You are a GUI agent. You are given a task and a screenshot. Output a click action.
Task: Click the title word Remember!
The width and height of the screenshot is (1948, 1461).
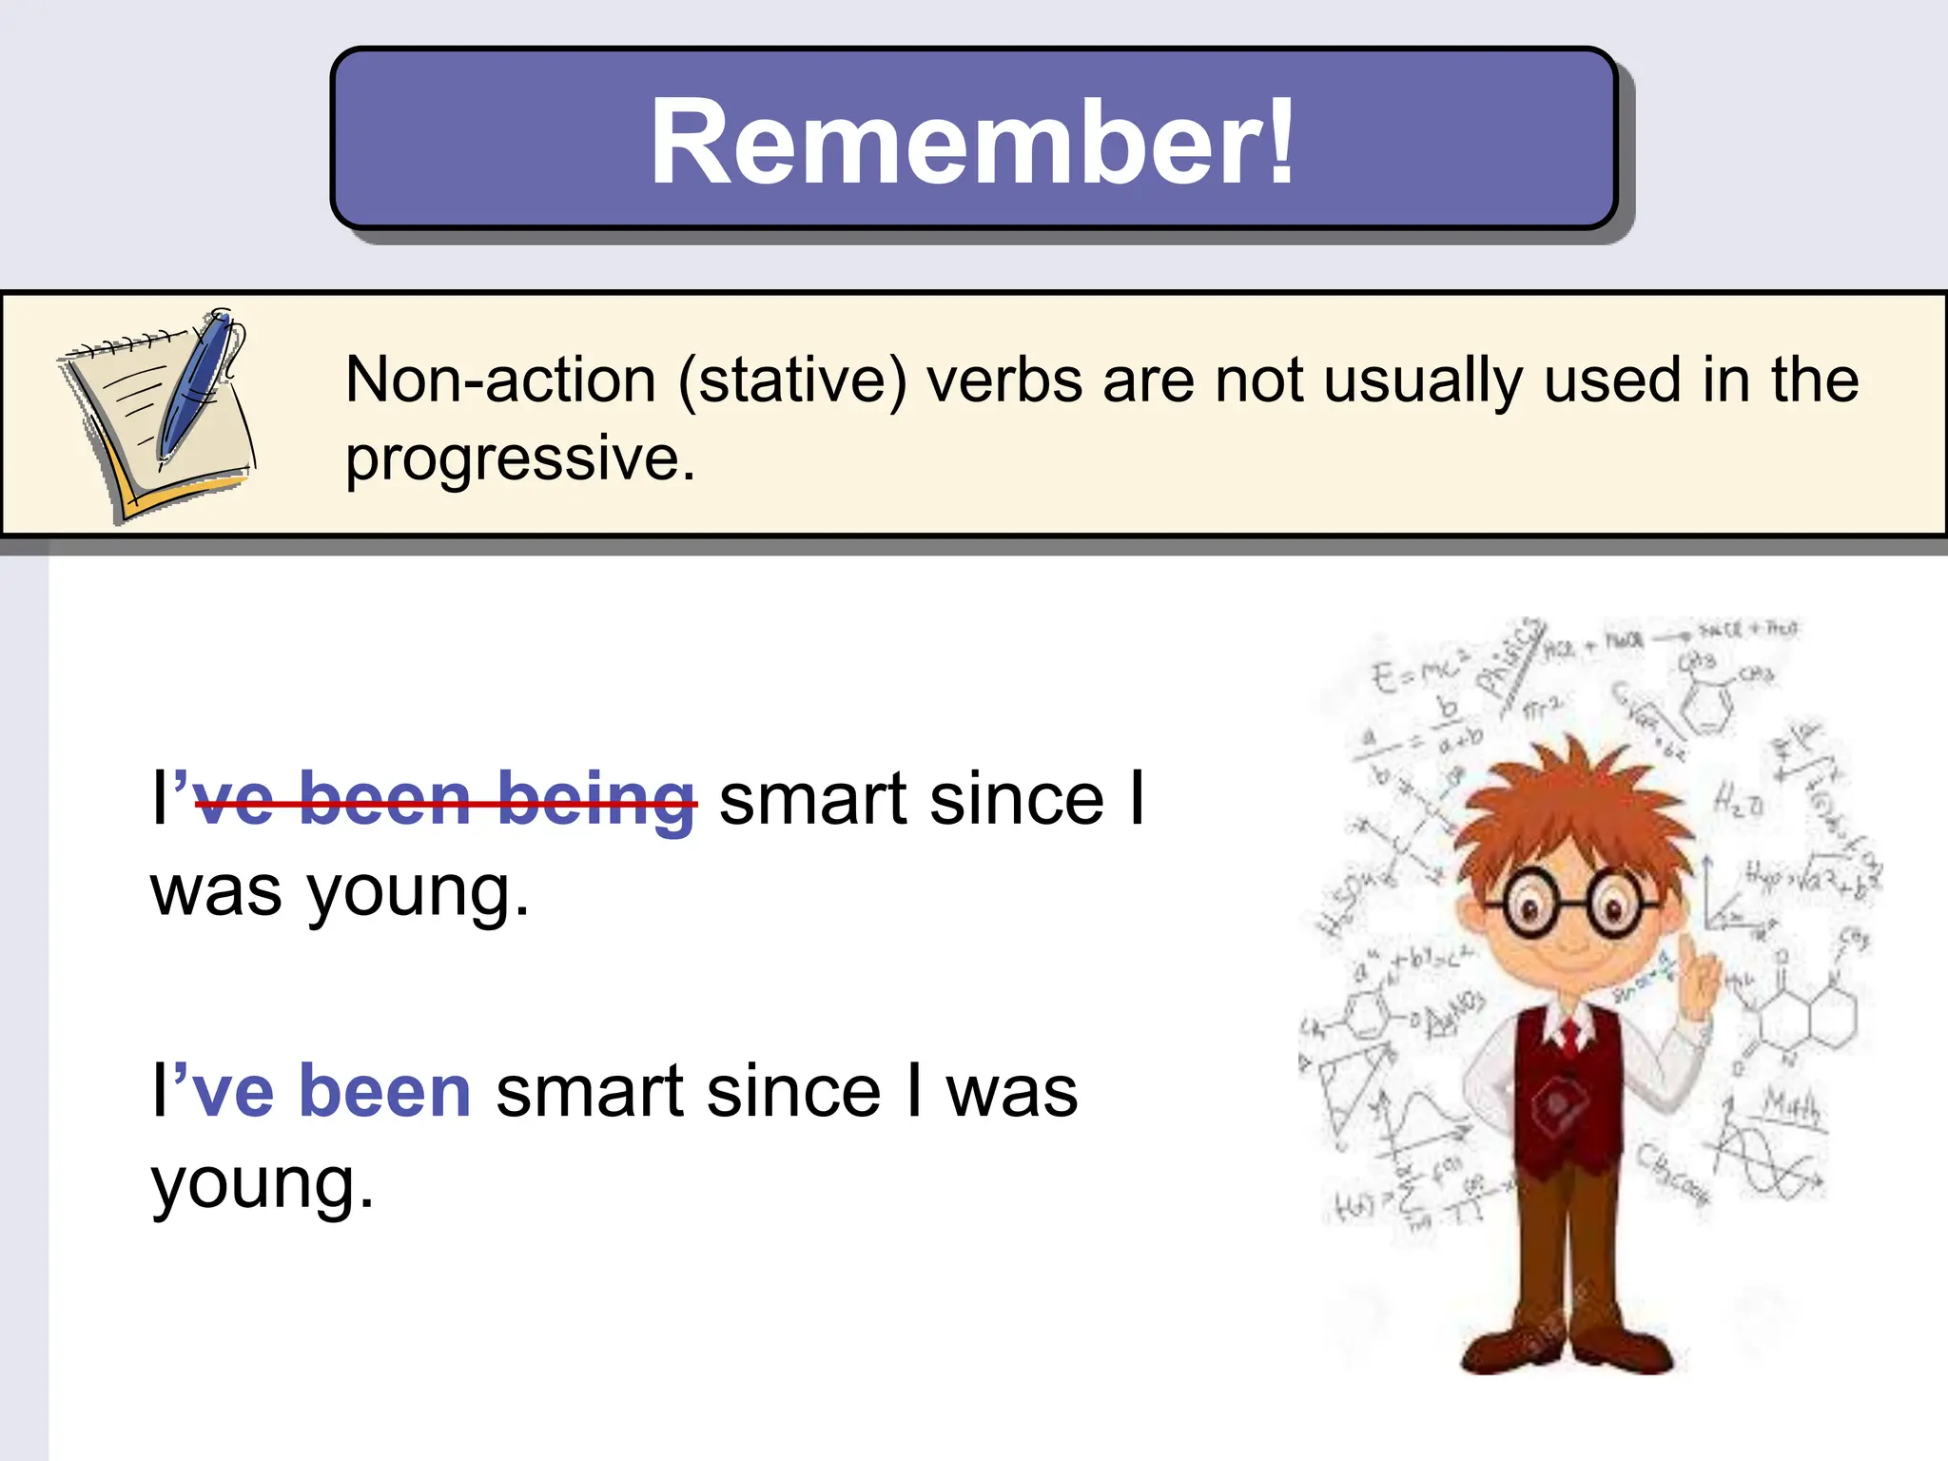pyautogui.click(x=972, y=143)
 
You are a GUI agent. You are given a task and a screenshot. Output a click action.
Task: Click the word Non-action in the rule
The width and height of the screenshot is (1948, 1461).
pyautogui.click(x=500, y=380)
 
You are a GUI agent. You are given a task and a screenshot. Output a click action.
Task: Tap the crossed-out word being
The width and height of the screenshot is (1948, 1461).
pyautogui.click(x=595, y=801)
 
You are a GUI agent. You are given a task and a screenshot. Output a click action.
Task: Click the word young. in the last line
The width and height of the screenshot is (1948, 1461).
pyautogui.click(x=263, y=1185)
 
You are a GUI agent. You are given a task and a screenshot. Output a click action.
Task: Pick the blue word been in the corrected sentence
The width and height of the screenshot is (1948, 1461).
pyautogui.click(x=384, y=1092)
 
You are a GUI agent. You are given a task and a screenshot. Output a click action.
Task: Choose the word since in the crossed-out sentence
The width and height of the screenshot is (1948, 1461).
pyautogui.click(x=1017, y=801)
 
